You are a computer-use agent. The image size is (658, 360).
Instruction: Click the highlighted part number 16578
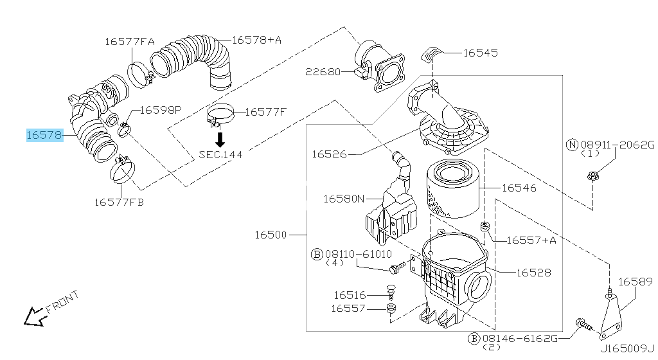(44, 135)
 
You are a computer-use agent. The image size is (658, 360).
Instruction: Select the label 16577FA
(130, 42)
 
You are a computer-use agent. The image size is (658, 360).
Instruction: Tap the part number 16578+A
(256, 40)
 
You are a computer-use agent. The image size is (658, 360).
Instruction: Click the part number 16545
(480, 53)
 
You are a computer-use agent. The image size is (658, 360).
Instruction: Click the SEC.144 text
(220, 154)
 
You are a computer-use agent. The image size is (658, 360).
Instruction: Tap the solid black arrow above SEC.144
(220, 139)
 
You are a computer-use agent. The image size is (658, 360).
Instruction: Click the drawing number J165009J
(627, 350)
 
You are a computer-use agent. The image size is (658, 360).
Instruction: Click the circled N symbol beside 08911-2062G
(571, 145)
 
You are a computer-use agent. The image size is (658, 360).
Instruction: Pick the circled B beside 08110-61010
(317, 255)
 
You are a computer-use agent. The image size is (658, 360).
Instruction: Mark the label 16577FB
(120, 202)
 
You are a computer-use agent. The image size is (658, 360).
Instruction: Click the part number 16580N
(344, 199)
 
